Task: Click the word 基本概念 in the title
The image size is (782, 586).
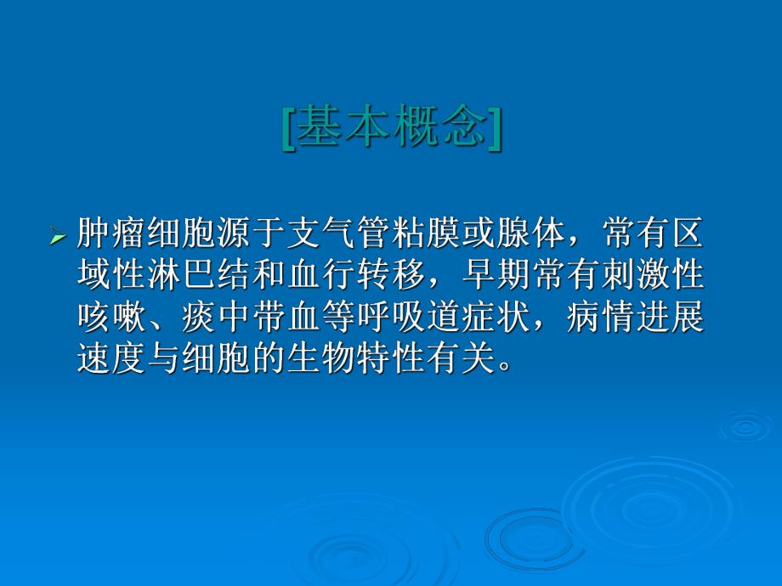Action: coord(392,127)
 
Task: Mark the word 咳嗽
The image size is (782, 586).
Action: coord(105,318)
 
